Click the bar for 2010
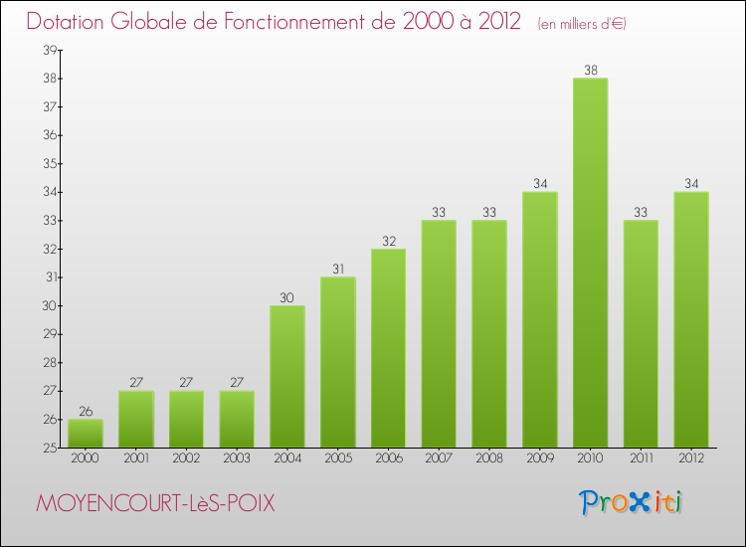tap(590, 264)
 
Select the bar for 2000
tap(86, 434)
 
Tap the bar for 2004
tap(287, 377)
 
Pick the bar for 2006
tap(388, 348)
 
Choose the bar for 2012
tap(691, 320)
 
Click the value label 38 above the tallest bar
tap(590, 71)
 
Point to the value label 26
tap(86, 412)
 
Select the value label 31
tap(338, 270)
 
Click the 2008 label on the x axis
tap(489, 459)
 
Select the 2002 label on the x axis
tap(186, 459)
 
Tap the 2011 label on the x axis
tap(641, 459)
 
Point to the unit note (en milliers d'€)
tap(582, 23)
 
